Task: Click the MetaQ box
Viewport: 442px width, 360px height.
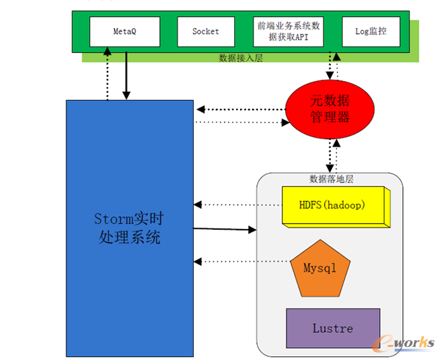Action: point(123,32)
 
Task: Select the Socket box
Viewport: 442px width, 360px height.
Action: point(206,32)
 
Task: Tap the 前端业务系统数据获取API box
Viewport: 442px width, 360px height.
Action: point(288,32)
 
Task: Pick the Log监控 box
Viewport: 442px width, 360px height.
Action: point(371,32)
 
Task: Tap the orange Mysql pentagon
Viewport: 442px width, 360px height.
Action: point(319,267)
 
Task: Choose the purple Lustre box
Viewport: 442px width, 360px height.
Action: point(332,328)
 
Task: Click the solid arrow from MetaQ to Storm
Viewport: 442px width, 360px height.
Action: point(126,75)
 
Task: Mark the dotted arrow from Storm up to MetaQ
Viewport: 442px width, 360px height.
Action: point(108,75)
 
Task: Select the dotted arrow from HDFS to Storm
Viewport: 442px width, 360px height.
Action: point(237,204)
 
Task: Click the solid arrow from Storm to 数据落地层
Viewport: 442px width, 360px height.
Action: point(225,230)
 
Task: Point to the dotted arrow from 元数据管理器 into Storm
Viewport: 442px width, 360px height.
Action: point(239,110)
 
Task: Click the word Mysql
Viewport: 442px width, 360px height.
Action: point(319,268)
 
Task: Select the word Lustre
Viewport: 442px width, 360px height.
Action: point(332,328)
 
